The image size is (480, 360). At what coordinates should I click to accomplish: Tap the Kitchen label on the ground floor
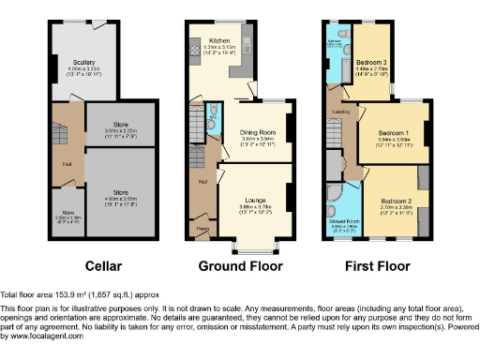pyautogui.click(x=219, y=41)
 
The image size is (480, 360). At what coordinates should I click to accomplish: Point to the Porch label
pyautogui.click(x=202, y=226)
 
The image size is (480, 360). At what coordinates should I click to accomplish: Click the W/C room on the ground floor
pyautogui.click(x=212, y=109)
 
